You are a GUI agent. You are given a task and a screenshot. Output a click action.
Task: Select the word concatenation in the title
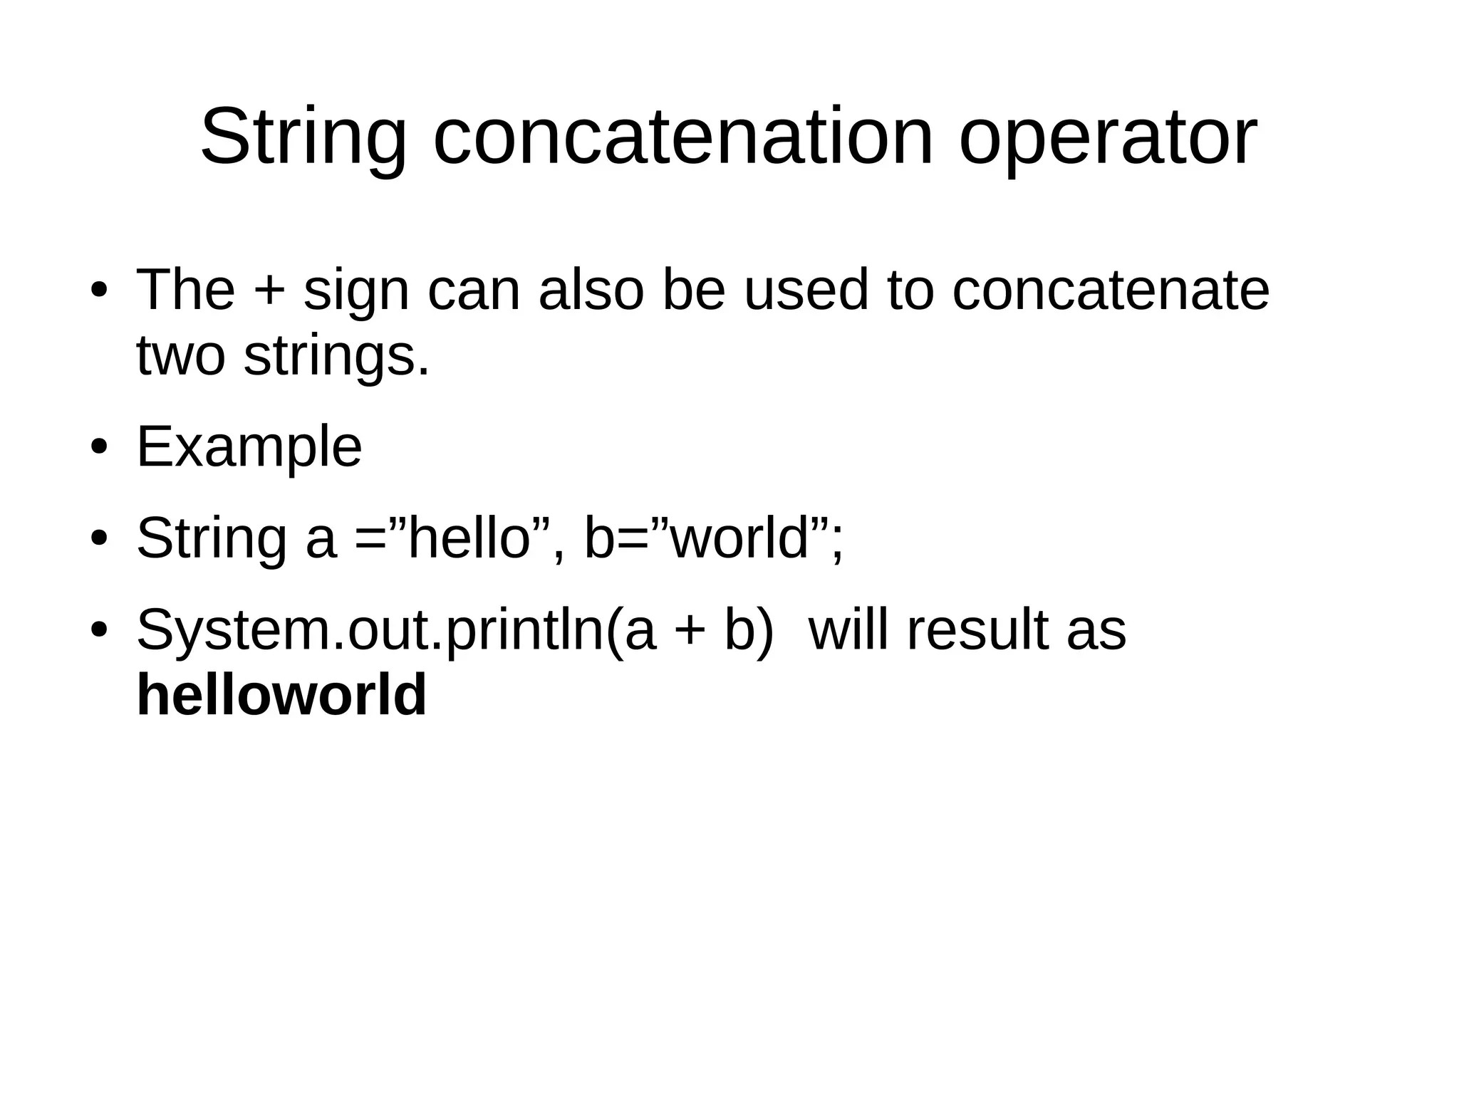coord(682,137)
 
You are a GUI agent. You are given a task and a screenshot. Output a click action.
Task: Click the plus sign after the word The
coord(269,291)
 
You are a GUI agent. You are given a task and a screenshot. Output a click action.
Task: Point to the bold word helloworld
coord(281,695)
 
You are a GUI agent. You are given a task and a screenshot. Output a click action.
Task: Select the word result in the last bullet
coord(977,630)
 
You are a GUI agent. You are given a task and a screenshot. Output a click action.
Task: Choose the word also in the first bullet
coord(591,290)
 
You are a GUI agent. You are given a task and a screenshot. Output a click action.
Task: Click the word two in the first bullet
coord(180,357)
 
